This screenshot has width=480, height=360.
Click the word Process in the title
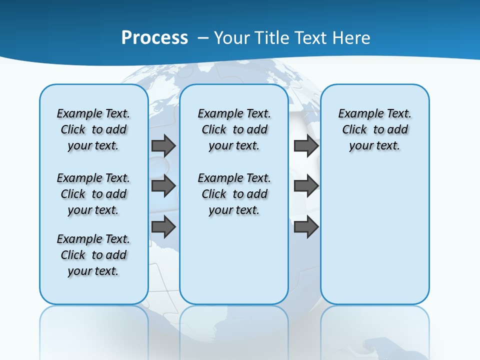(154, 38)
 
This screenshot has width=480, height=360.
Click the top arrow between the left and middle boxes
(163, 145)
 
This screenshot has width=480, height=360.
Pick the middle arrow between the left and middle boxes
(163, 186)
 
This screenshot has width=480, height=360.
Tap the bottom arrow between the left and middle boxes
(163, 227)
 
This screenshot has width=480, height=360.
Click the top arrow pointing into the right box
(306, 145)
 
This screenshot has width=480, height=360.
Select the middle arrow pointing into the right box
(306, 186)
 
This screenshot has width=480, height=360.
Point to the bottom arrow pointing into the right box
(306, 227)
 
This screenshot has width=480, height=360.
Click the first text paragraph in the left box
(93, 129)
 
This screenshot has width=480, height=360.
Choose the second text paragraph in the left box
(93, 194)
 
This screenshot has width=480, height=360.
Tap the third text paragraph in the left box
(93, 255)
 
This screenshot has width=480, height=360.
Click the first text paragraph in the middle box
(234, 129)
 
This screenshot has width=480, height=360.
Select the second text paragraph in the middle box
(234, 194)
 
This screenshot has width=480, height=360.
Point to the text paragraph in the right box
(375, 129)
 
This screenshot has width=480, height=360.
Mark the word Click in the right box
(354, 129)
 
